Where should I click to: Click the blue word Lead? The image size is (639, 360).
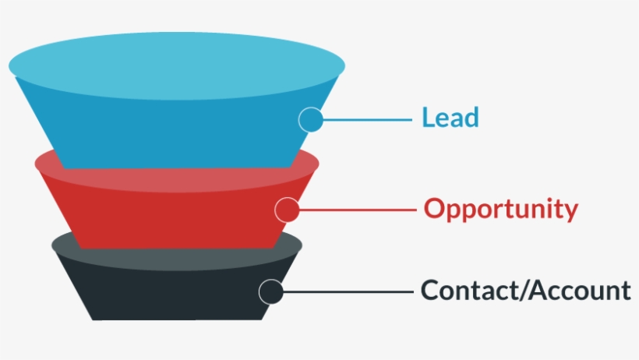pos(450,118)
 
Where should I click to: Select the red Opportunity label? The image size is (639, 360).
pos(501,209)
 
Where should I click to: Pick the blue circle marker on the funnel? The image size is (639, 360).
pos(311,119)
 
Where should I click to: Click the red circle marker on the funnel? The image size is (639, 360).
pos(287,210)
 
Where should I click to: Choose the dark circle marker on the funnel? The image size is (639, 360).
pos(270,291)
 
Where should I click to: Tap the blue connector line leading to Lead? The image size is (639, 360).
pos(366,119)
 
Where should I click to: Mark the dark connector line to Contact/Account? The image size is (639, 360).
pos(347,291)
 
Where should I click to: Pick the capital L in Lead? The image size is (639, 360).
pos(428,118)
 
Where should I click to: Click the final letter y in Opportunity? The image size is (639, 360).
pos(571,212)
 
